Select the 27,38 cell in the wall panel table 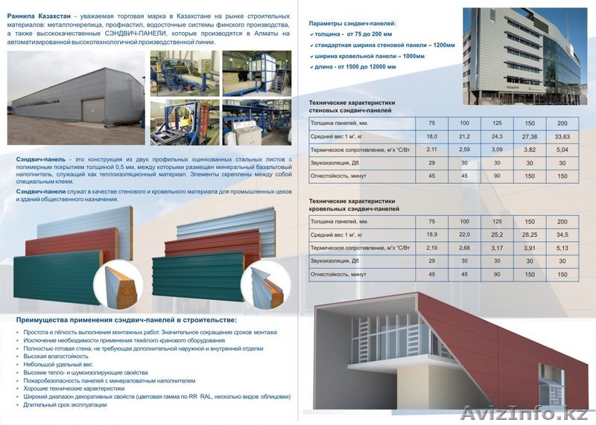pos(529,137)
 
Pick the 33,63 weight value pos(562,137)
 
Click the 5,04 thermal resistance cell pos(562,150)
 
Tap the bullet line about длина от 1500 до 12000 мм pos(355,67)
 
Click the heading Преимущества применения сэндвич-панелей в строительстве pos(126,319)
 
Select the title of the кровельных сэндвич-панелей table pos(354,205)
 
